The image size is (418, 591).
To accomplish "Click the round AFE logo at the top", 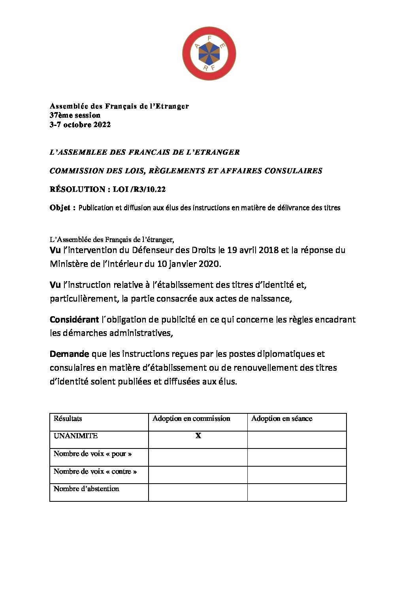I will pos(209,54).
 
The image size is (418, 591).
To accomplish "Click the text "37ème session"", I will pos(75,115).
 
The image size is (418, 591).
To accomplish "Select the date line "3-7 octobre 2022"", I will pos(80,125).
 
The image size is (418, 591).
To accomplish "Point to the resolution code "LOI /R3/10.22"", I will pos(139,189).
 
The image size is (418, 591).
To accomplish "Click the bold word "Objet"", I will pos(60,208).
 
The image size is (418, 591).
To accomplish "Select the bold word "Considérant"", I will pos(74,319).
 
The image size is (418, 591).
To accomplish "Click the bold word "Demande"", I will pos(69,354).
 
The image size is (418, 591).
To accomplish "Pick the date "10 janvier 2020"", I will pos(188,264).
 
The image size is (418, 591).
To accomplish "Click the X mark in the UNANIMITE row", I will pos(198,436).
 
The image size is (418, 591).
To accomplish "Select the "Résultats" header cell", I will pos(68,418).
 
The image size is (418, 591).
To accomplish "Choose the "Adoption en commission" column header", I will pos(191,418).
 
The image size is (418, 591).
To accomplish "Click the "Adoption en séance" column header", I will pos(282,418).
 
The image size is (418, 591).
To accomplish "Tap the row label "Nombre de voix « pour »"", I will pos(92,454).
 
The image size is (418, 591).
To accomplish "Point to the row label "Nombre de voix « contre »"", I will pos(95,471).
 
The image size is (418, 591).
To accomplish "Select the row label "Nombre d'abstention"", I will pos(86,489).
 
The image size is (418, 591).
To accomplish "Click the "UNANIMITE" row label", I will pos(75,436).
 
